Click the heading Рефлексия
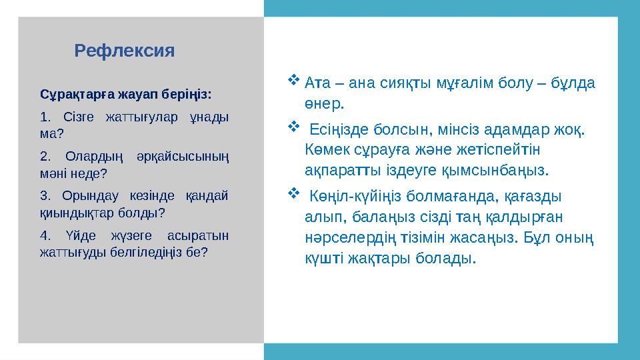tap(125, 51)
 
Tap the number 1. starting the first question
tap(45, 118)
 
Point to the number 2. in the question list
tap(45, 157)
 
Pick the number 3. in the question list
tap(45, 197)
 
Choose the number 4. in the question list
tap(45, 236)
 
